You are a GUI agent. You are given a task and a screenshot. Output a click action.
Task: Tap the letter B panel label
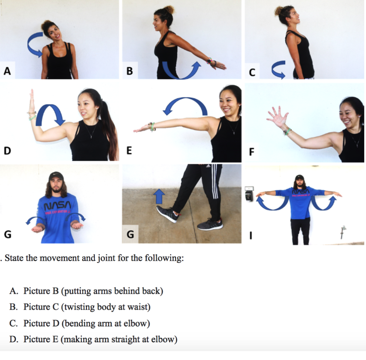point(130,71)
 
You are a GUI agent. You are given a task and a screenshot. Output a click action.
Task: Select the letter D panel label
point(7,151)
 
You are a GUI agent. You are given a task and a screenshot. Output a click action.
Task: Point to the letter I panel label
point(251,236)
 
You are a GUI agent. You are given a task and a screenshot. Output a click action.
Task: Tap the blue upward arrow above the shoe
point(159,196)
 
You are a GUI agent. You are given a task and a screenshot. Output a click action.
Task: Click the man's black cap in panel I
point(299,177)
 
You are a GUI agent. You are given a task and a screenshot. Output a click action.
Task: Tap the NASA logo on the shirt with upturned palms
point(58,206)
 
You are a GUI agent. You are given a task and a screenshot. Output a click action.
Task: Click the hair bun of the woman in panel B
point(169,10)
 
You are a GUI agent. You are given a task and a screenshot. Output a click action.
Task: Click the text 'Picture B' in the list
point(41,291)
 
